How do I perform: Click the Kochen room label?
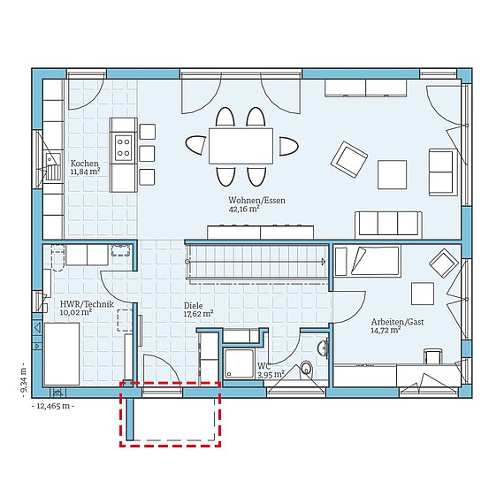point(85,164)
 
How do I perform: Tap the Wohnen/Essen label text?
point(256,200)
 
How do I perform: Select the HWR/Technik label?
point(87,304)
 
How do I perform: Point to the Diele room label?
point(193,306)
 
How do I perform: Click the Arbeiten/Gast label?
point(397,322)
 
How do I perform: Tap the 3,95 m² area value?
point(271,375)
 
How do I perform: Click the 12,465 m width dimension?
point(53,406)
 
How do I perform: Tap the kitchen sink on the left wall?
point(53,166)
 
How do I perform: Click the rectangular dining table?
point(241,146)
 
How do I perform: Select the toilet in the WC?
point(306,369)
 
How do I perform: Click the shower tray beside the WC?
point(239,363)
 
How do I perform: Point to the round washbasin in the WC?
point(323,348)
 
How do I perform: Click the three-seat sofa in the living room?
point(388,225)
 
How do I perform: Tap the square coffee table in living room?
point(392,174)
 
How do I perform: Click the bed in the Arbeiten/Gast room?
point(368,261)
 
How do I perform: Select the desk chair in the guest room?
point(433,357)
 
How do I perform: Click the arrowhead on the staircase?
point(323,262)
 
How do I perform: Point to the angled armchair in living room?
point(349,159)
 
